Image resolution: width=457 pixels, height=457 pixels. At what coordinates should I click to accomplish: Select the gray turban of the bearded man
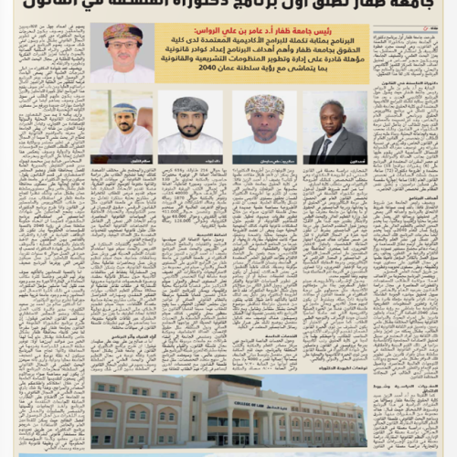pyautogui.click(x=190, y=104)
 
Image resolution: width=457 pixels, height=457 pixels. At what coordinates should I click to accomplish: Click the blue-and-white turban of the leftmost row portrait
pyautogui.click(x=123, y=108)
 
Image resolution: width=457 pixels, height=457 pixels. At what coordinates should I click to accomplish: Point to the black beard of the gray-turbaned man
pyautogui.click(x=190, y=128)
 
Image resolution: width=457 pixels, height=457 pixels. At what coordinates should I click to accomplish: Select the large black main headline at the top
pyautogui.click(x=228, y=7)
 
